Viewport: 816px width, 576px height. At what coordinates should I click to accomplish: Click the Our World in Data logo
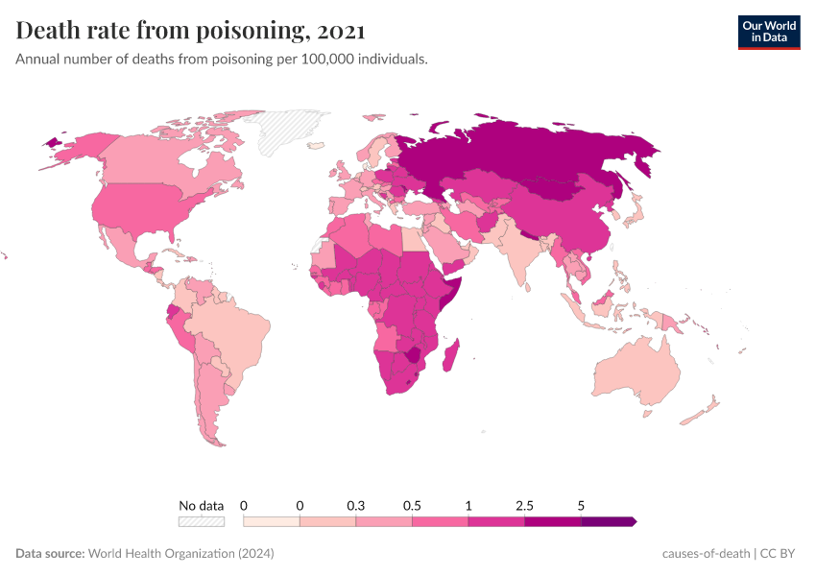pos(768,31)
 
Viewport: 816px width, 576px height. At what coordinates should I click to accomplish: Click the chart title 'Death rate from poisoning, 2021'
pos(190,31)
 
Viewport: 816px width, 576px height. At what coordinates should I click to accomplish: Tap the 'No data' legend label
pos(201,505)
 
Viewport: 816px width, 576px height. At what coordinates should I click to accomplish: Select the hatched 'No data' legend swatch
pos(201,521)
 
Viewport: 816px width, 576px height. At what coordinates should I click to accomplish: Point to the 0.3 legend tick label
pos(356,505)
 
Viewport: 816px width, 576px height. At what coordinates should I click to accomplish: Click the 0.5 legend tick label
pos(412,505)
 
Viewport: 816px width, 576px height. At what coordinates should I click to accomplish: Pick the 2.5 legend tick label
pos(525,505)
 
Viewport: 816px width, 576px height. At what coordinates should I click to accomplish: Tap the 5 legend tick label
pos(582,505)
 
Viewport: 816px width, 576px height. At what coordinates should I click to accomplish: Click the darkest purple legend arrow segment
pos(609,521)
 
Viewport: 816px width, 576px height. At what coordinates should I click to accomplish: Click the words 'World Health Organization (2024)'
pos(180,554)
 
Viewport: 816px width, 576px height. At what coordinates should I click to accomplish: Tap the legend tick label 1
pos(468,505)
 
